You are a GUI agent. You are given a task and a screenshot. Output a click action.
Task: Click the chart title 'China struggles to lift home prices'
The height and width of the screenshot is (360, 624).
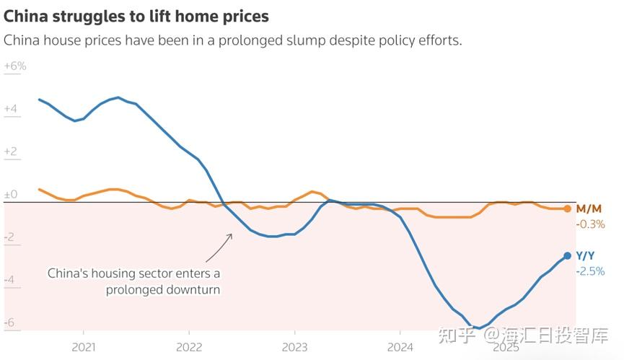[136, 17]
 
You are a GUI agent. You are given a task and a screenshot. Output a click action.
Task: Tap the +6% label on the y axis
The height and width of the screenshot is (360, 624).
[15, 66]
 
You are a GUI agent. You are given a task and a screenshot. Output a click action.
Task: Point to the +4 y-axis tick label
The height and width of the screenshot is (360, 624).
[11, 109]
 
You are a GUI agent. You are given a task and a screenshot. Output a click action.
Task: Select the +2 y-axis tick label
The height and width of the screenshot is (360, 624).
[11, 152]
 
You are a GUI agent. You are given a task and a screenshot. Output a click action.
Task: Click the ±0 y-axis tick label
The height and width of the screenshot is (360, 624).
[11, 195]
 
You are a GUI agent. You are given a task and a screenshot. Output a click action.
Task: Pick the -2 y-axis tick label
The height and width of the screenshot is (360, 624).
[9, 237]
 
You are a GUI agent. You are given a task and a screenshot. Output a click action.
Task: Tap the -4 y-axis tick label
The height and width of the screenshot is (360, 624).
[9, 280]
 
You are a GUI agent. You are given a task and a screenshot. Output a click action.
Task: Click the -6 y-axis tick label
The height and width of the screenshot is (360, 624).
[9, 322]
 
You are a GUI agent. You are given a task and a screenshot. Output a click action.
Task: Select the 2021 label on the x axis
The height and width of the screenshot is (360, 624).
[84, 347]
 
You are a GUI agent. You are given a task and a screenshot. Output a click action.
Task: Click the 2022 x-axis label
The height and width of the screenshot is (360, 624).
[189, 347]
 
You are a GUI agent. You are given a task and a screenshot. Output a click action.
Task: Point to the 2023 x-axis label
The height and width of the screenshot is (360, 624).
[294, 347]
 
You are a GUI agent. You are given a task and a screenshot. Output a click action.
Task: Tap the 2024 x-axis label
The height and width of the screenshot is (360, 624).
[400, 347]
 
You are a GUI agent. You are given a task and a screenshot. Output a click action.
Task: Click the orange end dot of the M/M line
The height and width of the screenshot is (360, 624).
[568, 208]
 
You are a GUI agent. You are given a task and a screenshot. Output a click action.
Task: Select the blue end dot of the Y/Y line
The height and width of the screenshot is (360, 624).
[568, 256]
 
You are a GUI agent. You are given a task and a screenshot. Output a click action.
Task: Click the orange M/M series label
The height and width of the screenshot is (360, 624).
[589, 208]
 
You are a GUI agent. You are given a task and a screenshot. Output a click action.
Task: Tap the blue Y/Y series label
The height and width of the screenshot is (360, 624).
[585, 256]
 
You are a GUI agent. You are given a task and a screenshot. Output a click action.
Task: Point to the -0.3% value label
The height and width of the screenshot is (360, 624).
[591, 224]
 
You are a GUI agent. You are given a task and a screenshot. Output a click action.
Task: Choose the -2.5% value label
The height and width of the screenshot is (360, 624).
[591, 272]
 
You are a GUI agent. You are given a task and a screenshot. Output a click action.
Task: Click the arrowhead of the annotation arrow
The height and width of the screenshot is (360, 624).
[230, 235]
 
